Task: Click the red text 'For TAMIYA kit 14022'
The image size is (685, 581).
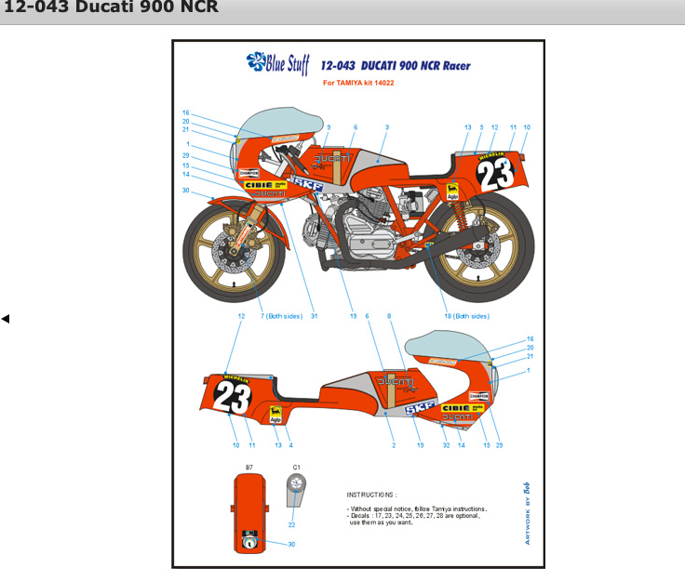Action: click(365, 83)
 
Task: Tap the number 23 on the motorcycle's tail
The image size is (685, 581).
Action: click(499, 175)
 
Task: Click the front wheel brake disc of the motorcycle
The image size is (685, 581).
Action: click(237, 249)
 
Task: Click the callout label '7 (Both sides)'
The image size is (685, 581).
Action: click(281, 316)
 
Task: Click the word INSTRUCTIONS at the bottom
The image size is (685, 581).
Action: click(371, 495)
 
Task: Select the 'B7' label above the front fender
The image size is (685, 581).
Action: click(249, 467)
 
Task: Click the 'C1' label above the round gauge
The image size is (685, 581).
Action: click(296, 467)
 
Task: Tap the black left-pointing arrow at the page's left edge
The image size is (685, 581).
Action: click(6, 319)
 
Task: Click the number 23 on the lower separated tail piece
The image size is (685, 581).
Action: click(232, 397)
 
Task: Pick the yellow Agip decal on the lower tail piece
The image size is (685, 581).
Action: click(275, 416)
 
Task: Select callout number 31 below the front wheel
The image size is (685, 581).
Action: click(315, 316)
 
